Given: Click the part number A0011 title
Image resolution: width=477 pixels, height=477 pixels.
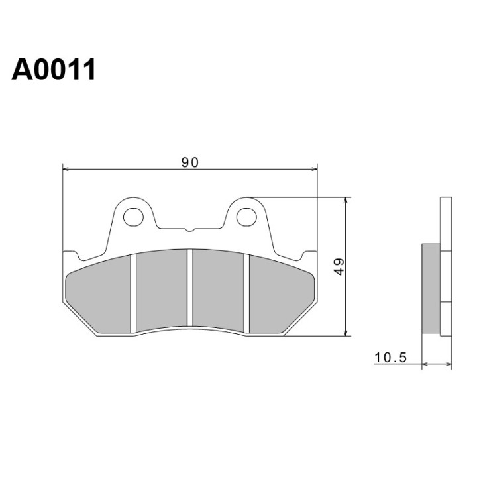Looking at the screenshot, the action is click(x=54, y=70).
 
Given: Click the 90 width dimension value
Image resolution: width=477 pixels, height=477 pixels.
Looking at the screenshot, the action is click(x=190, y=162).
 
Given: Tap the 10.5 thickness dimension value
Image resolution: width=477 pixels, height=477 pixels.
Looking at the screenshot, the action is click(x=390, y=358).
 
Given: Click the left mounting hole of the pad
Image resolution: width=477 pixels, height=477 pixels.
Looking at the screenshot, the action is click(x=133, y=217).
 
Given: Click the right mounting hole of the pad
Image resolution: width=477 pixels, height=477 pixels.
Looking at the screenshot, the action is click(x=246, y=217).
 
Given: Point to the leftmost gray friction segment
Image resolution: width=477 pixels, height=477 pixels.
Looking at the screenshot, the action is click(x=99, y=294).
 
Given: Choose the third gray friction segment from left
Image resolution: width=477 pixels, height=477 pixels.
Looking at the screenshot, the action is click(x=219, y=290).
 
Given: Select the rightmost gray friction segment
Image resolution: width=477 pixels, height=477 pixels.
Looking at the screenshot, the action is click(x=281, y=294).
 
